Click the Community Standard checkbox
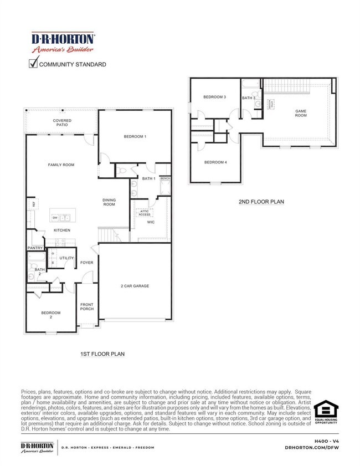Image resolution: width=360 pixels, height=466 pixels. pos(33,64)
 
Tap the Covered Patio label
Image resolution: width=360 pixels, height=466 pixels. pos(62,123)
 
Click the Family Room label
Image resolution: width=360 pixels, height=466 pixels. pos(61,165)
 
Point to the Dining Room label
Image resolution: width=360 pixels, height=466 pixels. pos(109,202)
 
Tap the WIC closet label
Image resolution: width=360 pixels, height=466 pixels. pos(150,222)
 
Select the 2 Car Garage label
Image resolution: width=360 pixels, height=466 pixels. pos(135,286)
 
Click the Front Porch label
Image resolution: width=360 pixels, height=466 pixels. pos(87,306)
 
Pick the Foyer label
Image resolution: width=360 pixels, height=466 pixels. pos(87,263)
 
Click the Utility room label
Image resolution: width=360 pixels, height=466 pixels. pos(66,258)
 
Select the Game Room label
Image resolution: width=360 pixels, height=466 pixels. pos(301,113)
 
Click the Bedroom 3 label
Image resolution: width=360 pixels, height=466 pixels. pos(214,97)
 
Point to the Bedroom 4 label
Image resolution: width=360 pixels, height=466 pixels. pos(215,162)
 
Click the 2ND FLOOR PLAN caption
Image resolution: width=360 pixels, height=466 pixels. pos(261,202)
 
